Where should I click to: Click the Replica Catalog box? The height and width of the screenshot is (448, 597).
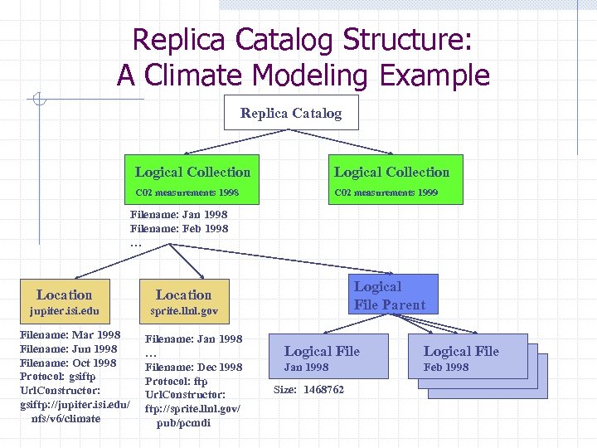coord(291,113)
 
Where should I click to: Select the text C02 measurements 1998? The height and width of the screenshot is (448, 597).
coord(187,192)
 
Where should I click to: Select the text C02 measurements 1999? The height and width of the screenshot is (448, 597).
coord(386,192)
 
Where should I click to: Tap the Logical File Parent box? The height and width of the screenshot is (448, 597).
coord(389,296)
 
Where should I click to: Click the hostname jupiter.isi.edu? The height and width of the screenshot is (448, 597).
coord(64,312)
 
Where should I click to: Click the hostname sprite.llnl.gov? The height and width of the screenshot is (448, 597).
coord(184,312)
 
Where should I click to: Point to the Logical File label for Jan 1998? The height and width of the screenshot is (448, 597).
coord(322,351)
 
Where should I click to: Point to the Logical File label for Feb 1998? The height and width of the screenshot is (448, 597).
coord(461,351)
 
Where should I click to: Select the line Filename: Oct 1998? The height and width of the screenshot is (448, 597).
coord(68,363)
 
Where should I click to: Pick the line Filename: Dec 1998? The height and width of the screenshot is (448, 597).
coord(194,367)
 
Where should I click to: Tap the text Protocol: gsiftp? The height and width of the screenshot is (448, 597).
coord(58,377)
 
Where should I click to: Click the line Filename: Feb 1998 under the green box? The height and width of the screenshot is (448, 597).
coord(179,228)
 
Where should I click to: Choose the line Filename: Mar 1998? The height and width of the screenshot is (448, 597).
coord(70,335)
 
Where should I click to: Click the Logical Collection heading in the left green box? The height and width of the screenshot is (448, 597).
coord(192,173)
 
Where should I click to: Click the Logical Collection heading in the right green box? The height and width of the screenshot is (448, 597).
coord(391,173)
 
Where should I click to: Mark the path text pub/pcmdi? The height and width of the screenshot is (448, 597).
coord(183,423)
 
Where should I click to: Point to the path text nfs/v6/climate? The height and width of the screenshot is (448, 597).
coord(66,418)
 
